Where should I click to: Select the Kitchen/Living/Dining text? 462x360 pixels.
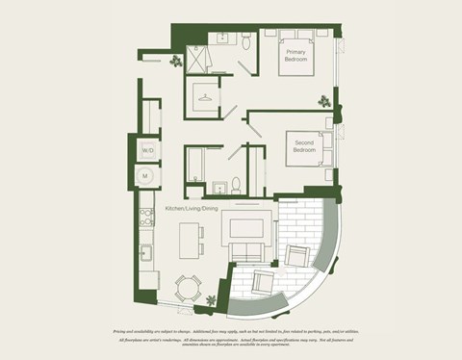(192, 209)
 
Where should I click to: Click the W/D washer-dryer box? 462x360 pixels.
(147, 151)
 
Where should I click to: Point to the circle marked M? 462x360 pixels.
(147, 176)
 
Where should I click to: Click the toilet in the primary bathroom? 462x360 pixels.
(247, 40)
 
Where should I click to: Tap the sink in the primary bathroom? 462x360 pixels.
(222, 39)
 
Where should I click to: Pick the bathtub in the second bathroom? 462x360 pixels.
(195, 165)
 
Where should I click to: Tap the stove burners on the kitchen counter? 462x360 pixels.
(146, 217)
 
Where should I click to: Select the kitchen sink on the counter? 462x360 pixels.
(146, 252)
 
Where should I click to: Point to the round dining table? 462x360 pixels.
(189, 288)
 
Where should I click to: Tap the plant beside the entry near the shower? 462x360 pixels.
(175, 62)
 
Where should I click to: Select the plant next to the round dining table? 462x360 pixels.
(212, 300)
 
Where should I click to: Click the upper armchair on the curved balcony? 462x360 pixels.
(298, 255)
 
